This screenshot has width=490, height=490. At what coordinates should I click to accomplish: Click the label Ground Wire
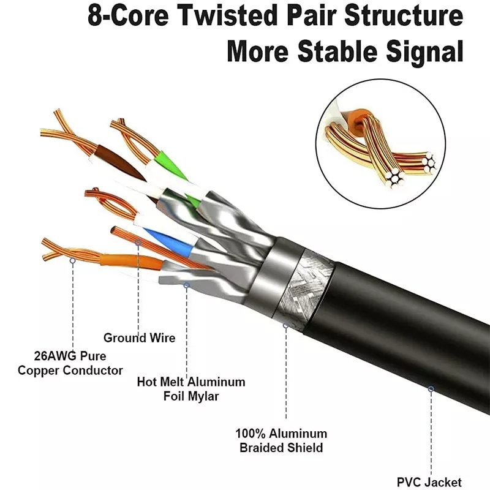coord(139,337)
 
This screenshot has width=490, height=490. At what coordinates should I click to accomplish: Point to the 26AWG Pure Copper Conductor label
coord(70,363)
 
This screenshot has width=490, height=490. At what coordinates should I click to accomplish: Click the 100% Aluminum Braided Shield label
coord(281,440)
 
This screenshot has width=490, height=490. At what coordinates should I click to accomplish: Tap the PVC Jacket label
coord(429,482)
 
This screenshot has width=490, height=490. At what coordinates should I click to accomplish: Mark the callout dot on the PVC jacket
coord(431,388)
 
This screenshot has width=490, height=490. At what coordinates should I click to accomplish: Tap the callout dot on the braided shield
coord(285,326)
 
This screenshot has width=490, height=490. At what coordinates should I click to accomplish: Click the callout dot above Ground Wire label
coord(138,243)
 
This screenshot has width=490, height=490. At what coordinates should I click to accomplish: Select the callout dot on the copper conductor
coord(72,261)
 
